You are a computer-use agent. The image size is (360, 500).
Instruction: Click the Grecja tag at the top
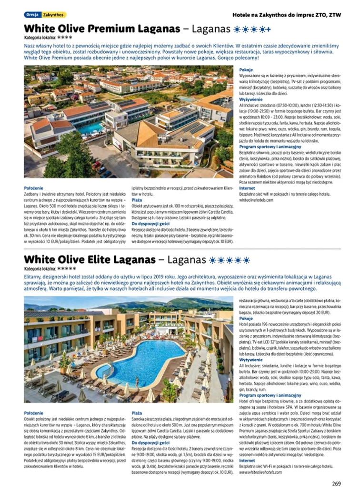click(x=32, y=15)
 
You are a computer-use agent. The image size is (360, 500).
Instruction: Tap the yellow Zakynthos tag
click(x=54, y=15)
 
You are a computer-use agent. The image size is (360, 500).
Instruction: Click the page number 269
click(x=337, y=484)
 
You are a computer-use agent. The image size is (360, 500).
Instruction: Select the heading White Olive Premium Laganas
click(x=102, y=29)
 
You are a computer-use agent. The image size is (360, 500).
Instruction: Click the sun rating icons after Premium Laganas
click(x=252, y=29)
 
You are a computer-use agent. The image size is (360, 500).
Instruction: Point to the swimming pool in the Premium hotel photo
click(x=90, y=127)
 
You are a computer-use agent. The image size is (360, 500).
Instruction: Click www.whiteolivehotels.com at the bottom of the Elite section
click(x=261, y=472)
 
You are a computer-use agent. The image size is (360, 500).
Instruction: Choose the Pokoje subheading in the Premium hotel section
click(x=246, y=70)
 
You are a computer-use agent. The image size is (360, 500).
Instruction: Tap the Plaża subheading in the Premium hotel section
click(x=137, y=200)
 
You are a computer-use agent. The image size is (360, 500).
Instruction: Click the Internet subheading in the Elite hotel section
click(x=247, y=461)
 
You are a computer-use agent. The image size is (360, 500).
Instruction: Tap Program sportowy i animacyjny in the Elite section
click(x=267, y=395)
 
